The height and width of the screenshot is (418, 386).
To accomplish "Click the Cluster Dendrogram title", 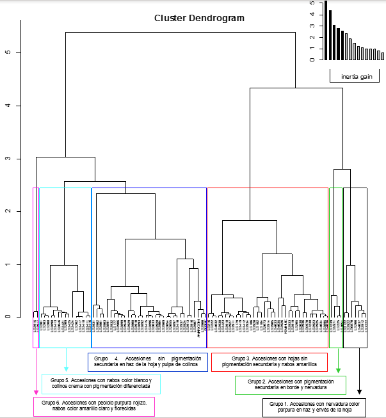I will click(199, 19).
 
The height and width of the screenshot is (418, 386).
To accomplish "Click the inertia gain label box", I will click(357, 77).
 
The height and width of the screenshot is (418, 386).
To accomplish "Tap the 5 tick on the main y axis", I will click(7, 52).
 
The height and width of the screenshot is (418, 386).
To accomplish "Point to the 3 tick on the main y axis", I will click(7, 158).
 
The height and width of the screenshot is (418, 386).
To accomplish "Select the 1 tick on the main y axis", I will click(7, 264).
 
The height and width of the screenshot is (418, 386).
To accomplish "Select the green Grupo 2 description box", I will click(291, 385).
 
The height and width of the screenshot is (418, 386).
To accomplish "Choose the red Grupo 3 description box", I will click(269, 362).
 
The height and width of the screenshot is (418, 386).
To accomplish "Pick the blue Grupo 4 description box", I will click(147, 362).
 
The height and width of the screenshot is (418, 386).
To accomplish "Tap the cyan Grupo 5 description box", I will click(101, 384).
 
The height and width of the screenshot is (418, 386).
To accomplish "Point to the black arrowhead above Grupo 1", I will click(359, 391).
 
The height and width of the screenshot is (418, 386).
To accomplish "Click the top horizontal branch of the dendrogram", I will click(180, 32).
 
